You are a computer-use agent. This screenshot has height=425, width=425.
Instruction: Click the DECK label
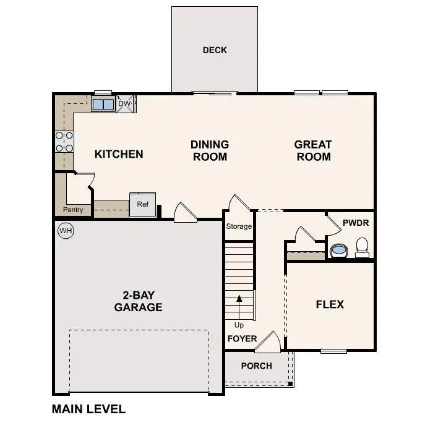(215, 50)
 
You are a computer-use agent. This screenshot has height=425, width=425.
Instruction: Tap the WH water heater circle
(65, 231)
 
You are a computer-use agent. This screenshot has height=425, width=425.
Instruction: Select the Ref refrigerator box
(142, 205)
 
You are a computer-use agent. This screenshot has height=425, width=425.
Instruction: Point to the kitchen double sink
(103, 105)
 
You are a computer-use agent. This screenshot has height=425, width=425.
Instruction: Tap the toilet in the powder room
(362, 247)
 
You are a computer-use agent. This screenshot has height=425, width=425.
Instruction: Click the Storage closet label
(239, 226)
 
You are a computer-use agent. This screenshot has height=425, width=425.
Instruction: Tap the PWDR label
(355, 221)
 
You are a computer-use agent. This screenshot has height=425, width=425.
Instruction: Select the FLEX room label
(330, 304)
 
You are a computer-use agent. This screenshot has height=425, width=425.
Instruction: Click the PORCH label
(256, 366)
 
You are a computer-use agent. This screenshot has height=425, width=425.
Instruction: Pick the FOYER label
(242, 339)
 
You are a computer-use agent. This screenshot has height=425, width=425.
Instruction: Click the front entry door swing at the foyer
(268, 342)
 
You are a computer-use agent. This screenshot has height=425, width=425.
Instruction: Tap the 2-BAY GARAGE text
(138, 301)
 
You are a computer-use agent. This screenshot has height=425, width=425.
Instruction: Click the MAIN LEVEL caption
(88, 409)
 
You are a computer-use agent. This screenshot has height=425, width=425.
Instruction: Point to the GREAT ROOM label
(313, 150)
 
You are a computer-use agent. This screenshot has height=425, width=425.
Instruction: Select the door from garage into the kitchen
(185, 213)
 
